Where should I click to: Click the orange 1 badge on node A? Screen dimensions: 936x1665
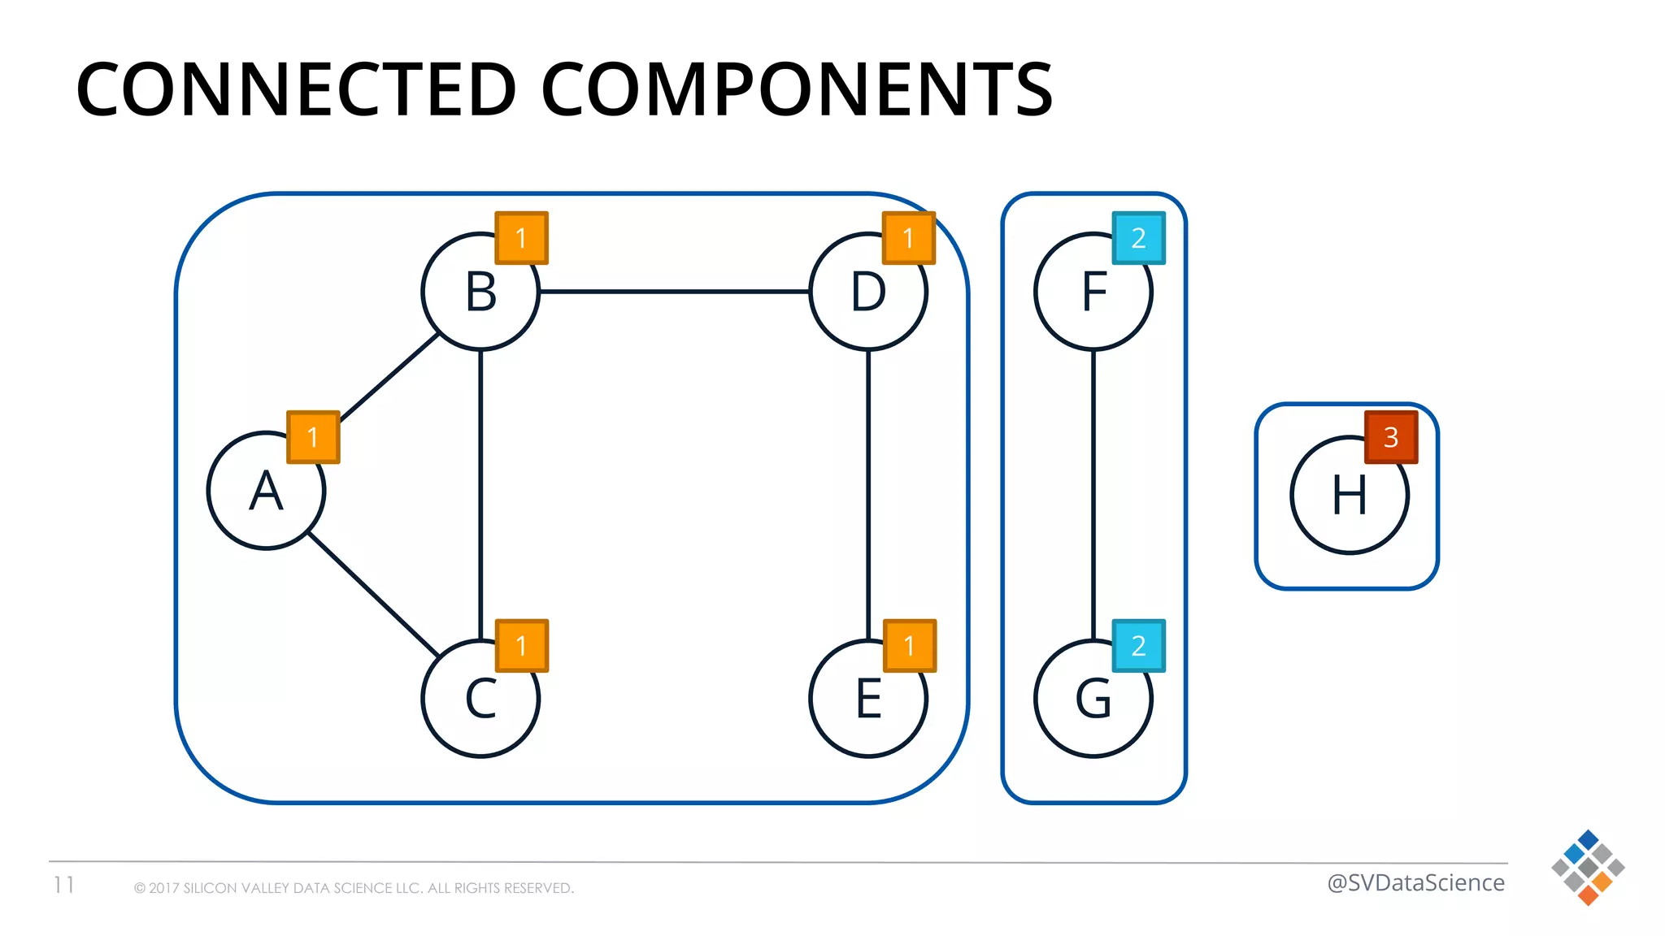[x=313, y=437]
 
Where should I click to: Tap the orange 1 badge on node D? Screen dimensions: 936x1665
[x=909, y=238]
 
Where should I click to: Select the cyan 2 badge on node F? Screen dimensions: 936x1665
[x=1138, y=238]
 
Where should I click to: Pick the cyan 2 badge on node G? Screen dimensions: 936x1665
[x=1138, y=646]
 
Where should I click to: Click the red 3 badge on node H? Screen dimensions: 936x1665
[x=1391, y=437]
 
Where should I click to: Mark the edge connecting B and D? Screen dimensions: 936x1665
[x=675, y=291]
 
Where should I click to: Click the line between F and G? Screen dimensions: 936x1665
[x=1093, y=487]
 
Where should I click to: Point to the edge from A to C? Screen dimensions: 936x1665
[x=374, y=595]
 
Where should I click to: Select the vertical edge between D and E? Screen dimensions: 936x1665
[x=868, y=487]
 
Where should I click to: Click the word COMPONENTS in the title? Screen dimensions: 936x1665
[x=797, y=89]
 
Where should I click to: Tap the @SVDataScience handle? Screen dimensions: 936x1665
[x=1415, y=882]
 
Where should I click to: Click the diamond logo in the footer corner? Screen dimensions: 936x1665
[x=1588, y=868]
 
